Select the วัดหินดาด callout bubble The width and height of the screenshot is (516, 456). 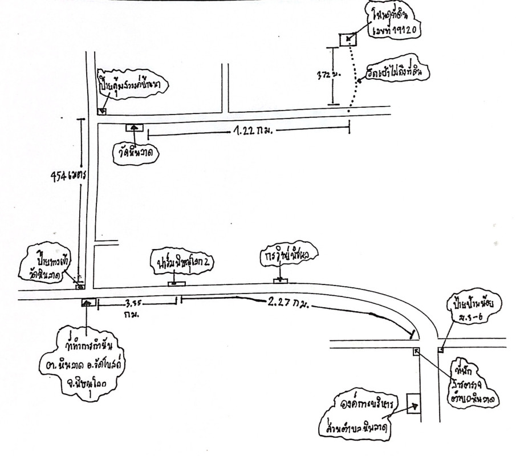click(135, 153)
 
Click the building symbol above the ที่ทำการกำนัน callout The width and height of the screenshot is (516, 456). click(87, 302)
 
